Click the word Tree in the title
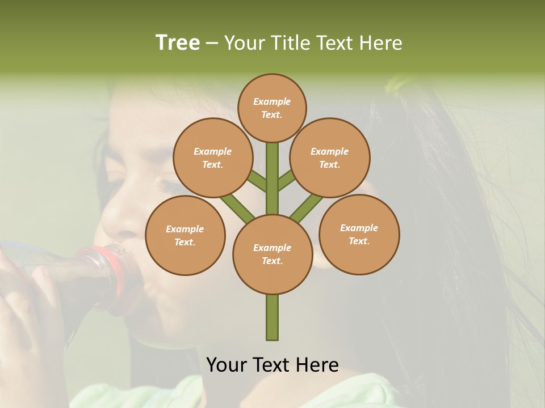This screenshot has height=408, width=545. coord(178,43)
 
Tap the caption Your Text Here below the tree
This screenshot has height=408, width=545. coord(272,365)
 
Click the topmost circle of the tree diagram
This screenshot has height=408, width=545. coord(272,108)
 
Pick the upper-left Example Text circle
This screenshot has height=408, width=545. coord(212,158)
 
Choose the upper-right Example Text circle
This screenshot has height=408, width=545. coord(330,158)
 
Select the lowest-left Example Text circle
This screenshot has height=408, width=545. coord(185,235)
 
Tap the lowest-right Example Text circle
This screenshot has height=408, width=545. coord(359,234)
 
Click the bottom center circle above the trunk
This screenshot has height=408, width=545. coord(272,254)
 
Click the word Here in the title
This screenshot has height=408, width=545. coord(380,43)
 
